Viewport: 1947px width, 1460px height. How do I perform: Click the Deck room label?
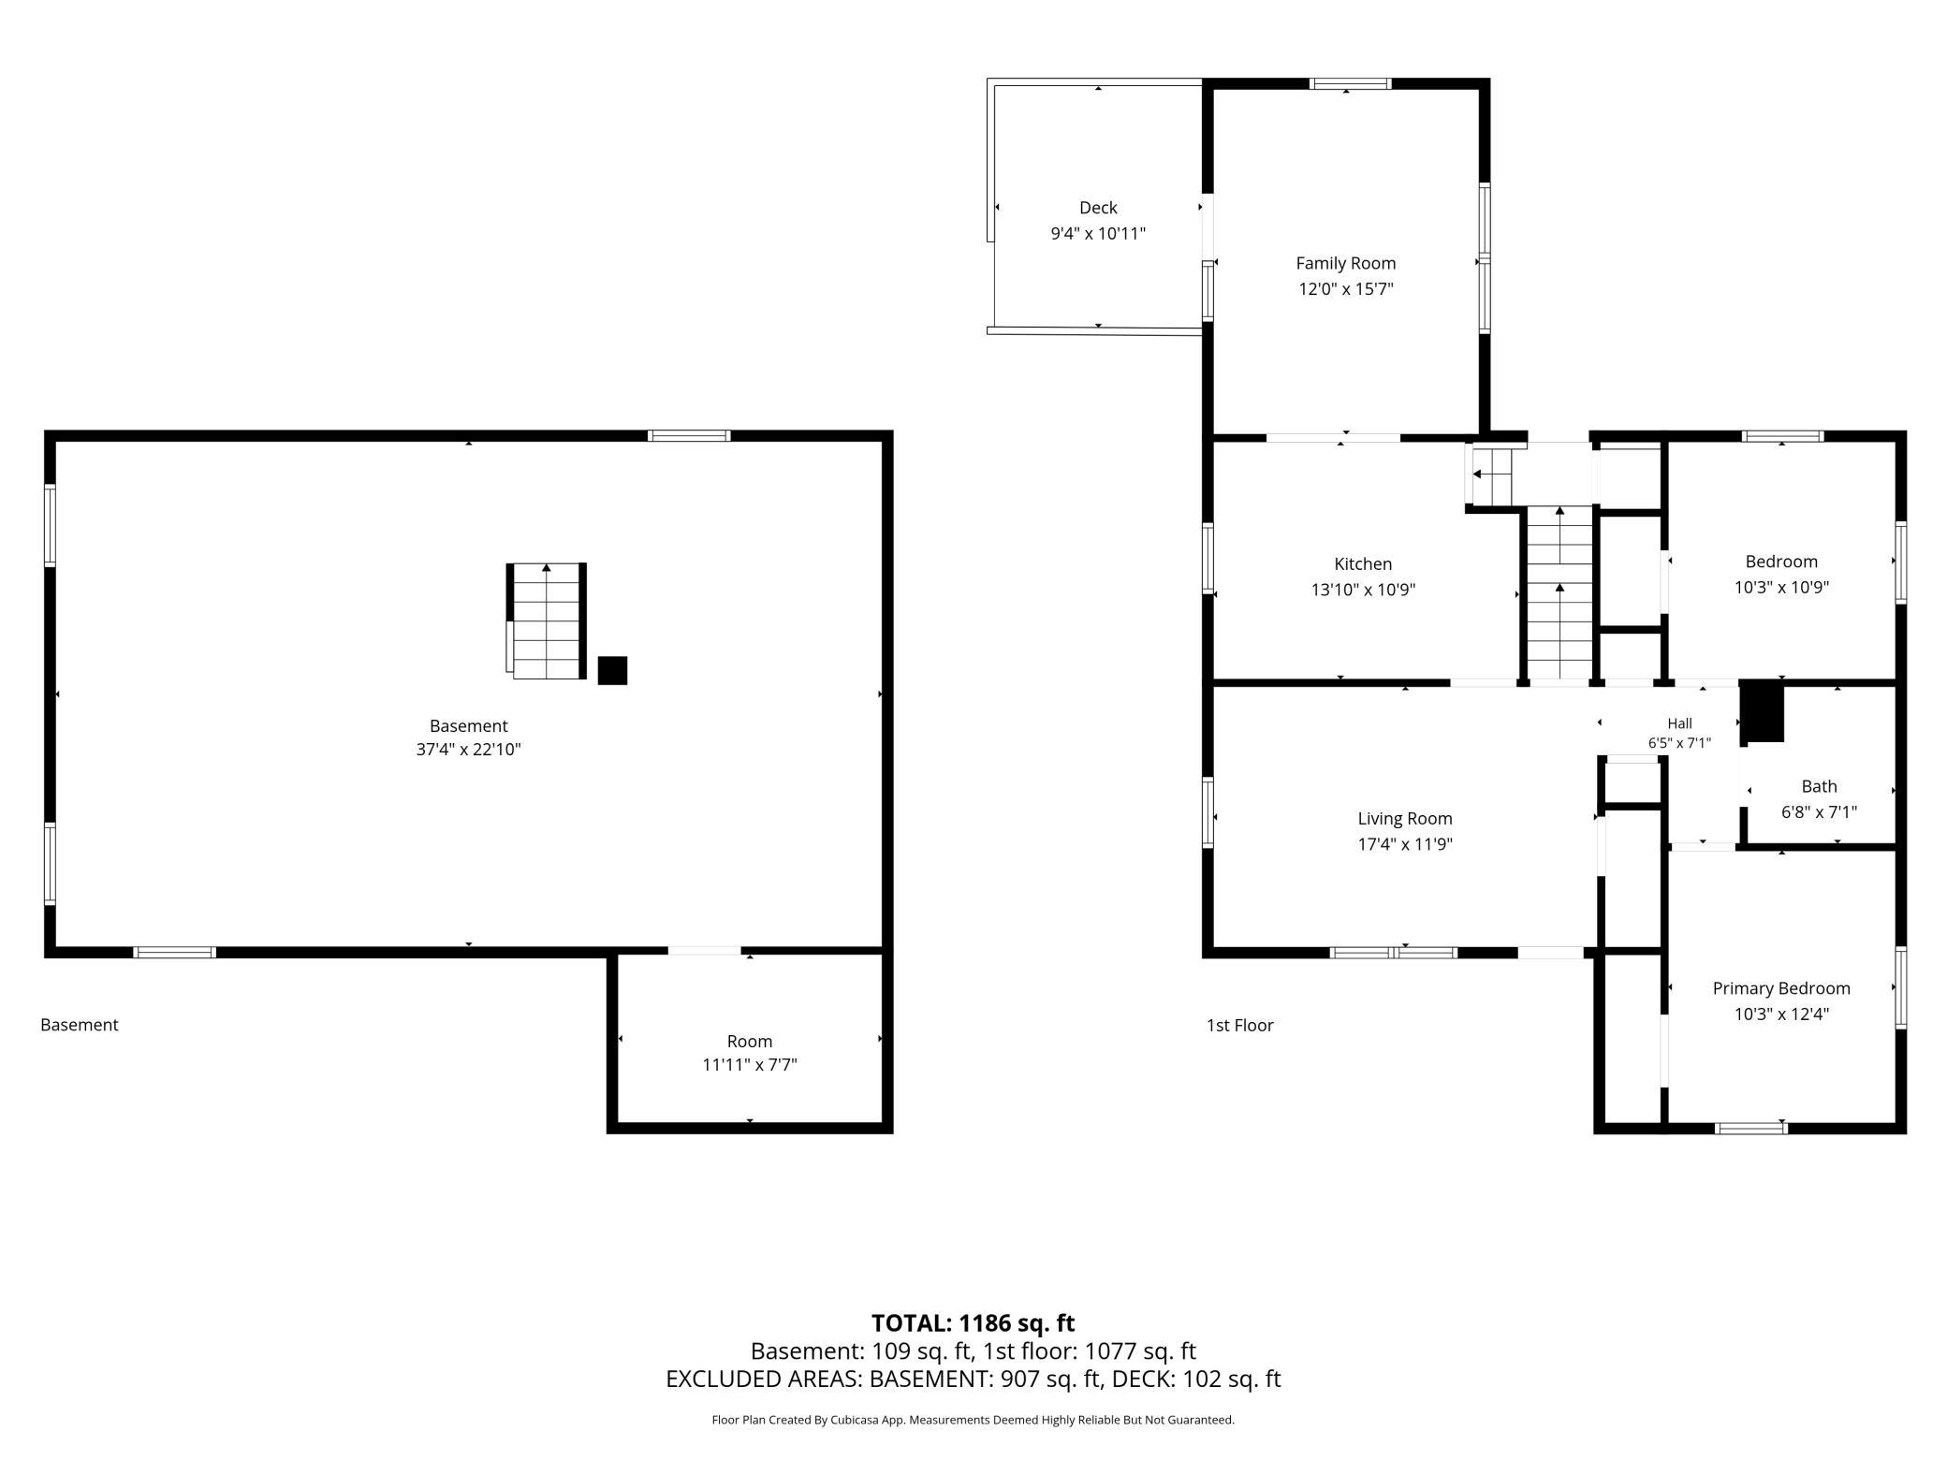tap(1098, 208)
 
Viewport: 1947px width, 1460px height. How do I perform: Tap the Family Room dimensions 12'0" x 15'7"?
tap(1346, 289)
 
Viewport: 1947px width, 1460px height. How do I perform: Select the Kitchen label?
tap(1363, 564)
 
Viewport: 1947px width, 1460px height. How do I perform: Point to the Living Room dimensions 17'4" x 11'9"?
tap(1405, 844)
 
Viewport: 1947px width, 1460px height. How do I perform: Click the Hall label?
tap(1679, 723)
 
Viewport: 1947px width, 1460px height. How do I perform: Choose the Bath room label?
tap(1819, 787)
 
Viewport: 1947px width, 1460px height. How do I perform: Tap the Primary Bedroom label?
tap(1781, 988)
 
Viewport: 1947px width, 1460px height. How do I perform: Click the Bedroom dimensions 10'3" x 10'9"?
tap(1781, 588)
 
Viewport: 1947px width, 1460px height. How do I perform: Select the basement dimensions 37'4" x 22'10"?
tap(468, 750)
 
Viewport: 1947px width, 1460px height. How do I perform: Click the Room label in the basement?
tap(750, 1042)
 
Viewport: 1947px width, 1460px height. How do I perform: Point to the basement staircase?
tap(547, 621)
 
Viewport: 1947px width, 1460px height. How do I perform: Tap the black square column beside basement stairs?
tap(612, 670)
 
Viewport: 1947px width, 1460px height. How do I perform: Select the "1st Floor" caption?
tap(1239, 1026)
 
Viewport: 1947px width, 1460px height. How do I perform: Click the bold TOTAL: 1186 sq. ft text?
tap(973, 1323)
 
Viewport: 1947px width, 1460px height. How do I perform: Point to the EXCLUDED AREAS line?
tap(973, 1380)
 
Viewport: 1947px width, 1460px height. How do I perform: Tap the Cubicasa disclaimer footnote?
tap(973, 1420)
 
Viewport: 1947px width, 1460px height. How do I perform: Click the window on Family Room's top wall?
tap(1350, 83)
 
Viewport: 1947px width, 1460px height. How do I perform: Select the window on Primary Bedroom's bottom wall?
tap(1750, 1129)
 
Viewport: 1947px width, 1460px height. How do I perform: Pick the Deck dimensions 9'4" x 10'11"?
tap(1098, 234)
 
